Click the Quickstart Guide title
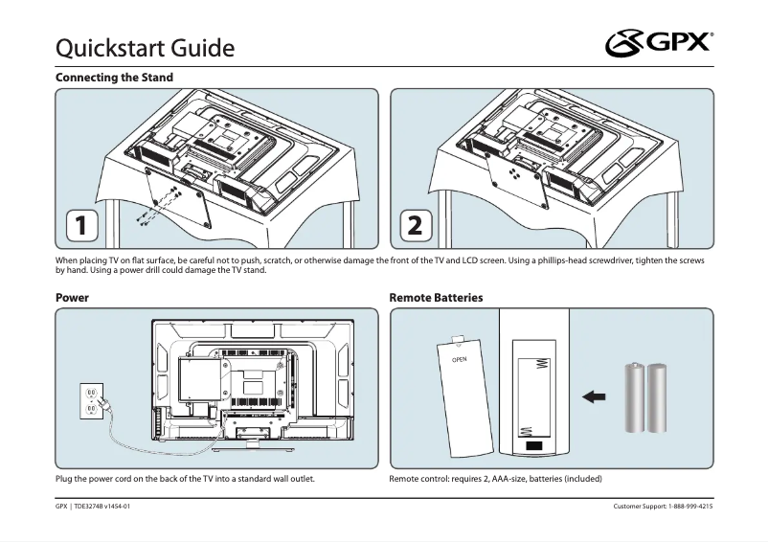pos(146,46)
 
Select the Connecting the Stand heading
pos(114,78)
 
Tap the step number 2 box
pos(415,226)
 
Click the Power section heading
pos(72,298)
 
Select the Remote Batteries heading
pos(436,298)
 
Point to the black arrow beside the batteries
pos(595,396)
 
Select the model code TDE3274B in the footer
pos(92,506)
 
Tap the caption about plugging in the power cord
pos(186,478)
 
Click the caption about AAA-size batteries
pos(495,478)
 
